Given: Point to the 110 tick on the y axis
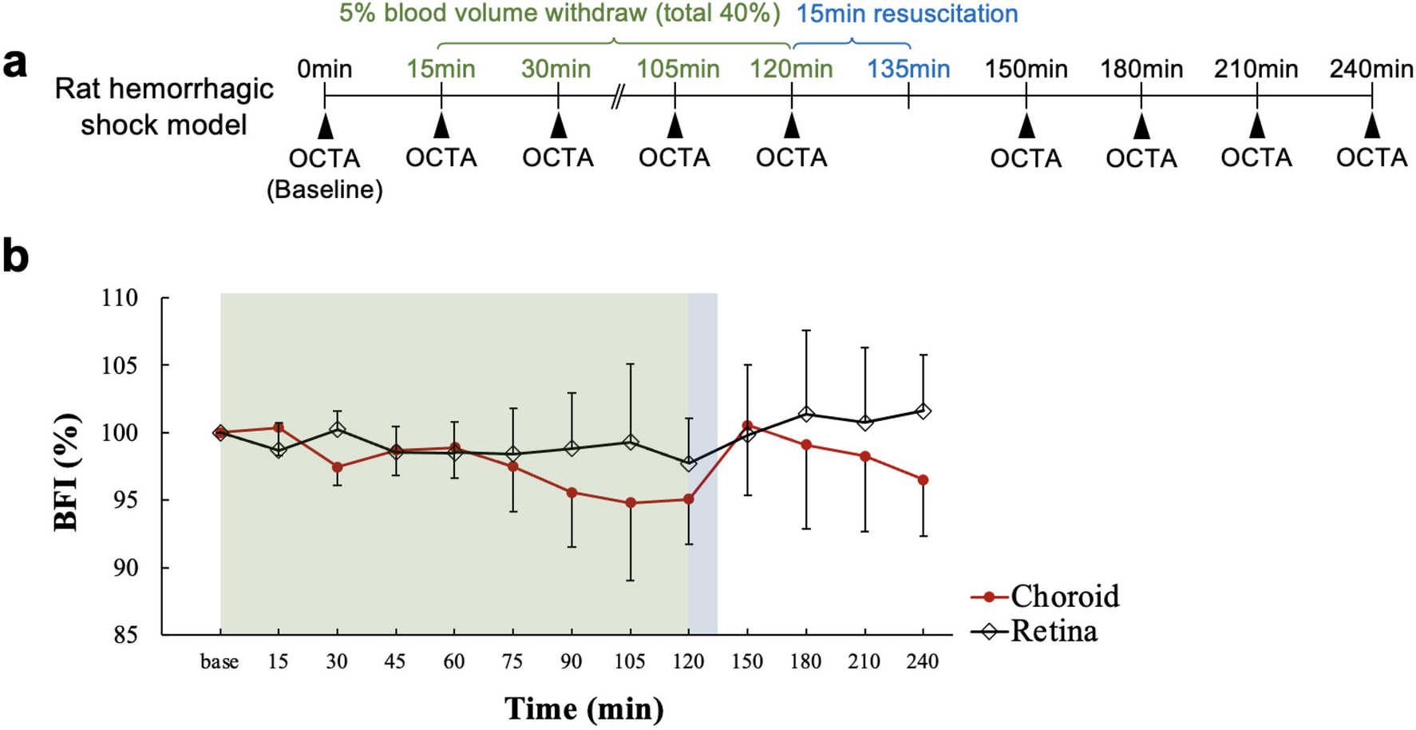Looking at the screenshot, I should click(x=120, y=299).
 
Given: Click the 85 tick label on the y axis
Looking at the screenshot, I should click(x=120, y=636).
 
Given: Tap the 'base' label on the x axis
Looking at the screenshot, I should click(x=220, y=661).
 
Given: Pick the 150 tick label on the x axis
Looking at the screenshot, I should click(x=747, y=661).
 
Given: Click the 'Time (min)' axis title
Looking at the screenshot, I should click(x=583, y=708).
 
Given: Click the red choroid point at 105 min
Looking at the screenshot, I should click(x=631, y=503).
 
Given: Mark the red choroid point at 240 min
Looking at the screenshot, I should click(x=923, y=480).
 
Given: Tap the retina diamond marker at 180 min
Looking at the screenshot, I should click(x=806, y=414).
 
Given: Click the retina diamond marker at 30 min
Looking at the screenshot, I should click(x=337, y=429).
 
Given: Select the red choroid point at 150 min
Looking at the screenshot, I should click(x=747, y=426).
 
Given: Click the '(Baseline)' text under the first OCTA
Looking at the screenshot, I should click(x=324, y=190).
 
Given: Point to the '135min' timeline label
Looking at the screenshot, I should click(x=908, y=69).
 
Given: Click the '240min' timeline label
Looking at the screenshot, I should click(x=1371, y=69).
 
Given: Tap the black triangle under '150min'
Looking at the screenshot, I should click(x=1026, y=126).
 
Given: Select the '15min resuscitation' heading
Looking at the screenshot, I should click(x=907, y=14).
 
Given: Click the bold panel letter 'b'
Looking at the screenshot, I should click(x=16, y=256).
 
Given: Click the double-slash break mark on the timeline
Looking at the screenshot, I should click(x=617, y=97).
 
